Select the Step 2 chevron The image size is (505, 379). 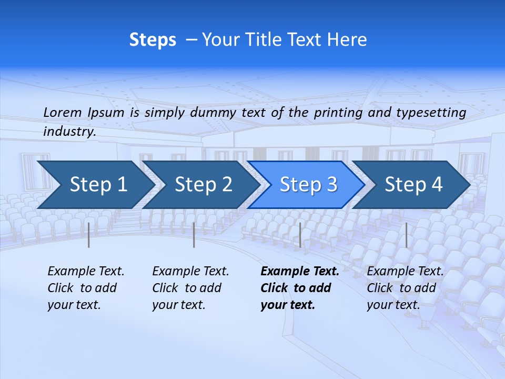pos(203,185)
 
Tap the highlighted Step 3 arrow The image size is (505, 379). pos(308,185)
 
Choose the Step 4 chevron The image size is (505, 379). pos(413,185)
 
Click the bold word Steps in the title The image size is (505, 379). pos(153,40)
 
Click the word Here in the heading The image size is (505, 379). pos(346,40)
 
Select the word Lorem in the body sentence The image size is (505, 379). pos(63,112)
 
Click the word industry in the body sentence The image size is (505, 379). pos(69,132)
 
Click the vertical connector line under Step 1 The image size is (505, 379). pos(88,235)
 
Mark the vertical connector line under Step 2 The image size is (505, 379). pos(194,235)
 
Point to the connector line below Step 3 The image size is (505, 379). pos(300,235)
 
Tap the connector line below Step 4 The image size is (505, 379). pos(406,235)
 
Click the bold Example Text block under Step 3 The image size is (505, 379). pos(299,288)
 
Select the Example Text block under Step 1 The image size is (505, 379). pos(86,288)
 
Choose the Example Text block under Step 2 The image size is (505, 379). pos(190,288)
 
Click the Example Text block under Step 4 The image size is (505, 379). pos(405,288)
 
